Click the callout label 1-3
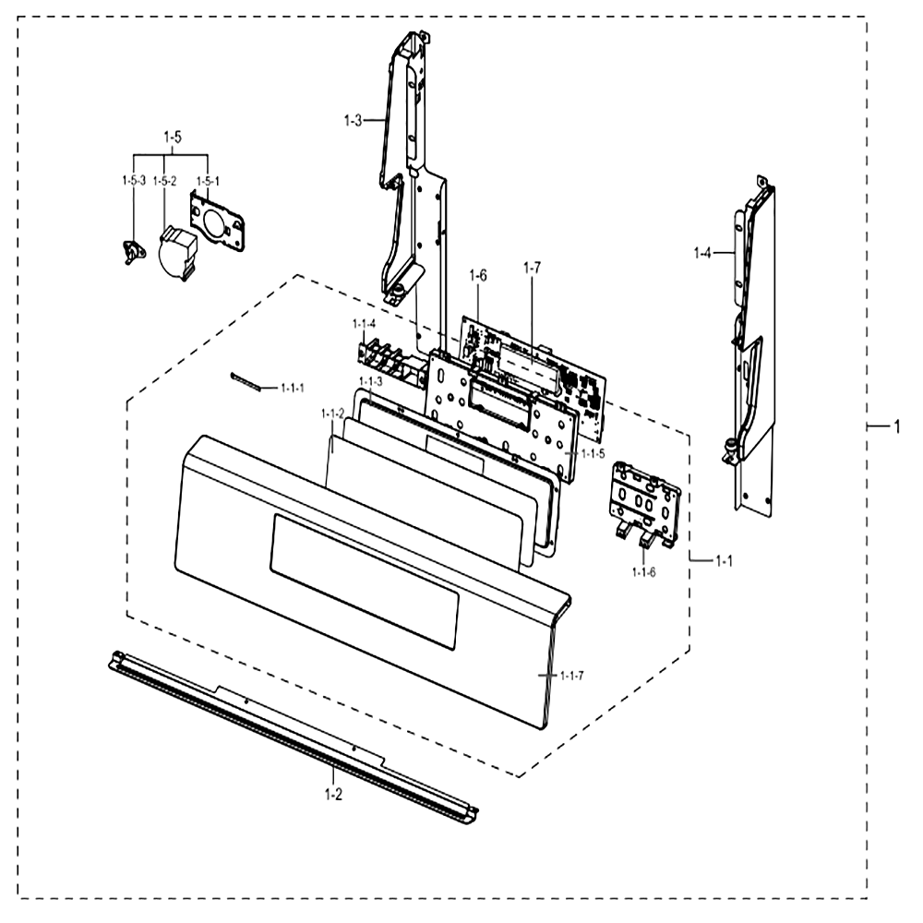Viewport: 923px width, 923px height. click(x=353, y=121)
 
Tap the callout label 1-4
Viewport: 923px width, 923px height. click(x=702, y=253)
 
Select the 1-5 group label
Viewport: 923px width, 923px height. click(x=173, y=138)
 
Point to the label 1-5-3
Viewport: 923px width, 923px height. click(x=134, y=181)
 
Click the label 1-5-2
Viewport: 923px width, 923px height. click(x=164, y=181)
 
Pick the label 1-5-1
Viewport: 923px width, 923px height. click(x=208, y=181)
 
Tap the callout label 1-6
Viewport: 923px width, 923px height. click(x=478, y=275)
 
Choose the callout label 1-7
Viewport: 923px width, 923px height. click(x=532, y=268)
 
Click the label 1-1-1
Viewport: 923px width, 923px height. click(x=293, y=388)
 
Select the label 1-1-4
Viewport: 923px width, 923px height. click(x=364, y=324)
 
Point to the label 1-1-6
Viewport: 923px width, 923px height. click(x=643, y=571)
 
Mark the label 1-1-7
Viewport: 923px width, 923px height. click(x=572, y=676)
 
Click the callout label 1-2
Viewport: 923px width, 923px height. click(x=333, y=795)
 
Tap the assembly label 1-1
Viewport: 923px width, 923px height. click(x=724, y=561)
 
